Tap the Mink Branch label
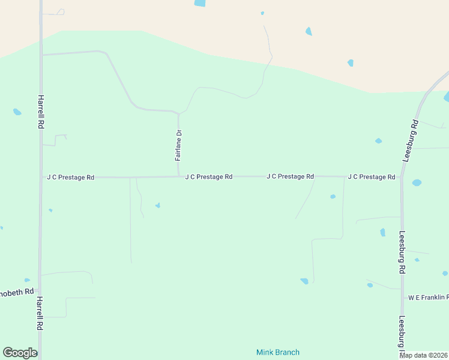point(277,352)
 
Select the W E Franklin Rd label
point(428,297)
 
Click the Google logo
point(20,353)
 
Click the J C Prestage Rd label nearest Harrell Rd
point(70,177)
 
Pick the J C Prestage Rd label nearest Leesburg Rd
point(371,177)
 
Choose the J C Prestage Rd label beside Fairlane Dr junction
point(208,177)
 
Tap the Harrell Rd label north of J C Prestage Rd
point(41,110)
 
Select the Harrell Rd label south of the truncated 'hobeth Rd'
point(40,313)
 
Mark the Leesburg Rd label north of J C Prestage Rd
point(411,140)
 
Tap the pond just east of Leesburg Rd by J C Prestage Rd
point(417,182)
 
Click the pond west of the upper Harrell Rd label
point(17,112)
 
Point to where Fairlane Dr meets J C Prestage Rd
point(179,176)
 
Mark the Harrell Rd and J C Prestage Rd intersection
point(41,178)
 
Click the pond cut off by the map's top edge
point(199,3)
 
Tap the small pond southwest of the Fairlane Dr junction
point(157,205)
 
